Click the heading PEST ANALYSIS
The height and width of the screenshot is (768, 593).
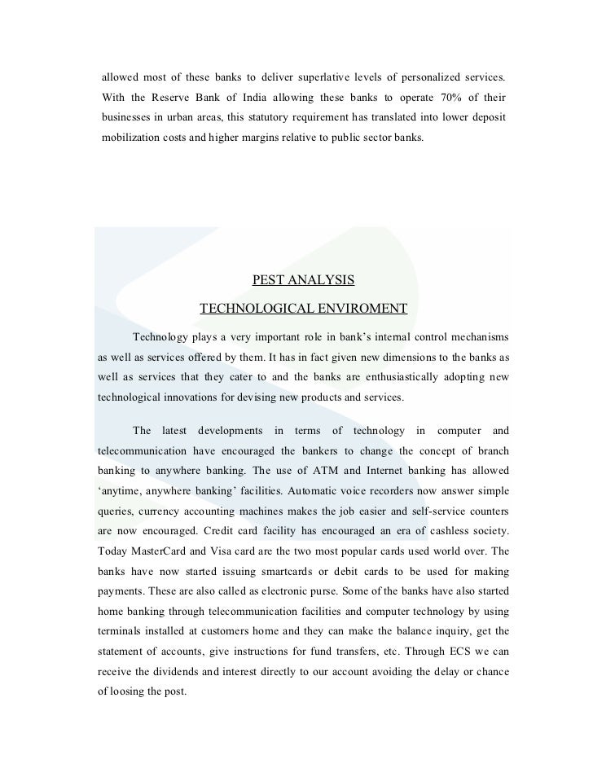303,280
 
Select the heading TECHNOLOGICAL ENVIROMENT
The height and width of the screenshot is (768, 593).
303,309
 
